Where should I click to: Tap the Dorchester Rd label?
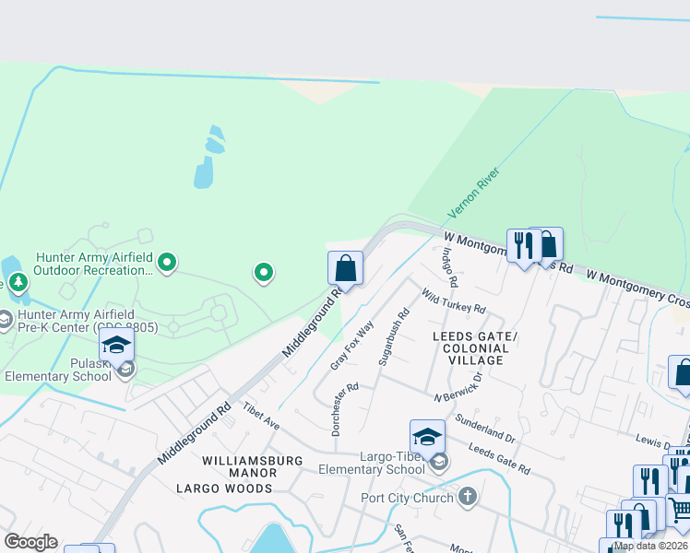pos(344,406)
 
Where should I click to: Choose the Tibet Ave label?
pos(260,416)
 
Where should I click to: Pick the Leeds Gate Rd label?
pos(499,458)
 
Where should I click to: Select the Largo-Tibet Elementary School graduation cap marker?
pos(427,436)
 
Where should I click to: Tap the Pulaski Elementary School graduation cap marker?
pos(117,345)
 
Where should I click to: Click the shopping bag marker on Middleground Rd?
pos(345,268)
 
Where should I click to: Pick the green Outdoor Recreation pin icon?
pos(167,263)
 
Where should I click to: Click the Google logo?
pos(30,542)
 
